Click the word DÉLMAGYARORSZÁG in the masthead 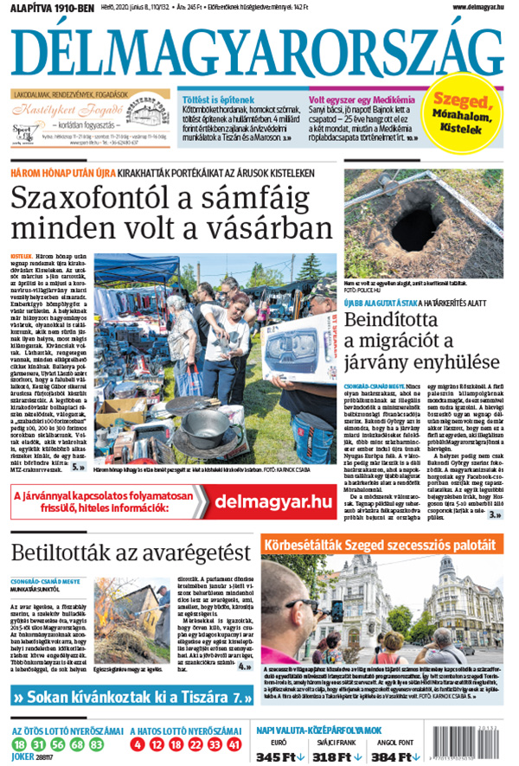(x=259, y=49)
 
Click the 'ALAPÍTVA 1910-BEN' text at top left (x=43, y=8)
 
